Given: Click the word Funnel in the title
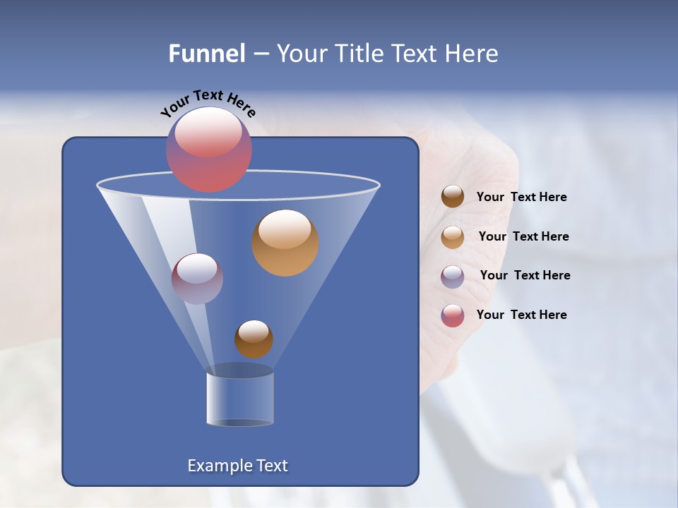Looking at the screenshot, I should [207, 54].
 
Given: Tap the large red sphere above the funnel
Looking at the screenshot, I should [208, 150].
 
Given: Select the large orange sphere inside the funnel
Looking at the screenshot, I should [285, 243].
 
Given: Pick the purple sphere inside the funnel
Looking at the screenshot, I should [197, 279].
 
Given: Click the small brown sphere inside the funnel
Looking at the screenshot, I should [254, 339].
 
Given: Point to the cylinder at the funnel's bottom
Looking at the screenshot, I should [240, 397].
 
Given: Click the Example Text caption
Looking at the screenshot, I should [237, 466].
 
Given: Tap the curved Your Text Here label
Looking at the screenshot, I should [208, 103].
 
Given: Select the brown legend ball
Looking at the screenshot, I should [453, 197].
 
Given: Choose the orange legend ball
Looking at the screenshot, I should [453, 237].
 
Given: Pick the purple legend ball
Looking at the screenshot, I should [453, 277].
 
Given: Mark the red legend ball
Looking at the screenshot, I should [453, 315].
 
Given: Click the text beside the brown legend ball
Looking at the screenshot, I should [521, 198].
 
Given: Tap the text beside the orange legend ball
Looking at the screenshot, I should [523, 237].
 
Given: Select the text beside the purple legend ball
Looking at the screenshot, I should [525, 276].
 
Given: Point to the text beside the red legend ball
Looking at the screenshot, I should [521, 315].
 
